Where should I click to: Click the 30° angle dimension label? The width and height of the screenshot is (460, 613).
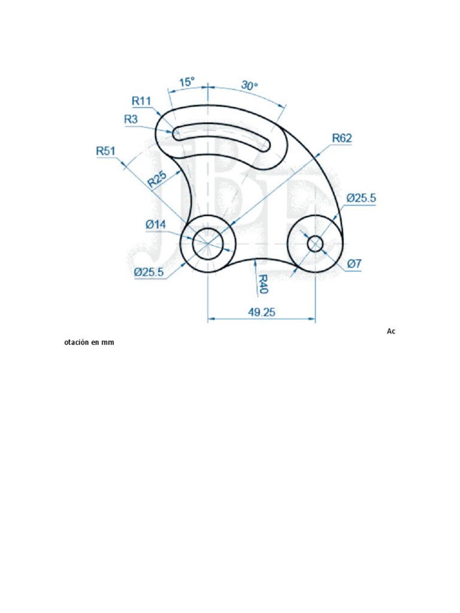[x=250, y=86]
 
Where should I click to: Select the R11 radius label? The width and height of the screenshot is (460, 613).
[x=141, y=101]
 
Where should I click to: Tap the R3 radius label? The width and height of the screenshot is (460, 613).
[x=131, y=119]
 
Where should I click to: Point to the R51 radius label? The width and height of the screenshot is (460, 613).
[x=105, y=151]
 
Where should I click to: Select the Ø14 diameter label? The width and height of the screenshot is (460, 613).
[x=155, y=224]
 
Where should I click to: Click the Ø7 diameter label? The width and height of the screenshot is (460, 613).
[x=353, y=264]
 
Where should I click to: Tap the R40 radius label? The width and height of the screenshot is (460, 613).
[x=263, y=284]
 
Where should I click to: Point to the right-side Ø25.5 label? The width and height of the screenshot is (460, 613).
[x=362, y=198]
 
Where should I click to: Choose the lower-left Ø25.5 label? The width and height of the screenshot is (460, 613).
[x=149, y=272]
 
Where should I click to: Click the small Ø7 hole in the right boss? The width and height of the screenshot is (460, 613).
[x=316, y=244]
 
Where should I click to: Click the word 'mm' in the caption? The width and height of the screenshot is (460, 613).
[x=108, y=343]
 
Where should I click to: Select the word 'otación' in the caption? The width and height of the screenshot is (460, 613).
[x=77, y=343]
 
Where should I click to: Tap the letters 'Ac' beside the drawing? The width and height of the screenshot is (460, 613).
[x=391, y=331]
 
